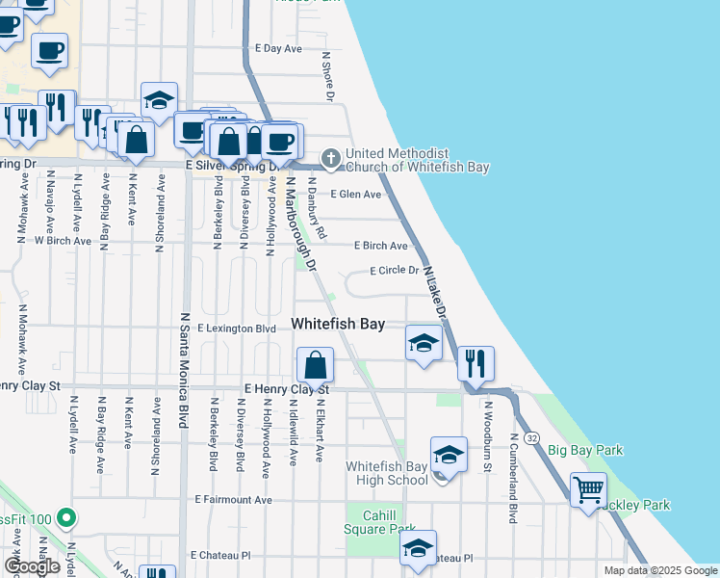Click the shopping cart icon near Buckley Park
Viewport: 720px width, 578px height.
click(588, 489)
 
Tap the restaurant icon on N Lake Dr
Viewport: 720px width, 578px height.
click(476, 363)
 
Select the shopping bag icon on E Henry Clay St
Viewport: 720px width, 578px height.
click(315, 365)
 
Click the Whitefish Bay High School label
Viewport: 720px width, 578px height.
click(387, 473)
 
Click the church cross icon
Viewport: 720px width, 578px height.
click(331, 159)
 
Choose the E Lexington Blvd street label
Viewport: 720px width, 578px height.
click(237, 328)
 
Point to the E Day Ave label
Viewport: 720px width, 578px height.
click(279, 47)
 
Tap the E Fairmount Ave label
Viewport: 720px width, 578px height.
click(233, 500)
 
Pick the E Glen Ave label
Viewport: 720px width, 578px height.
click(356, 195)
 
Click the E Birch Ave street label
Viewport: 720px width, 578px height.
click(381, 247)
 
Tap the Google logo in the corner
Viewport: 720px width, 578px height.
click(32, 565)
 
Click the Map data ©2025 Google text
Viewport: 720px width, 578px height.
click(659, 570)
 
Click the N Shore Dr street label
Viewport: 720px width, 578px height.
click(327, 77)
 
